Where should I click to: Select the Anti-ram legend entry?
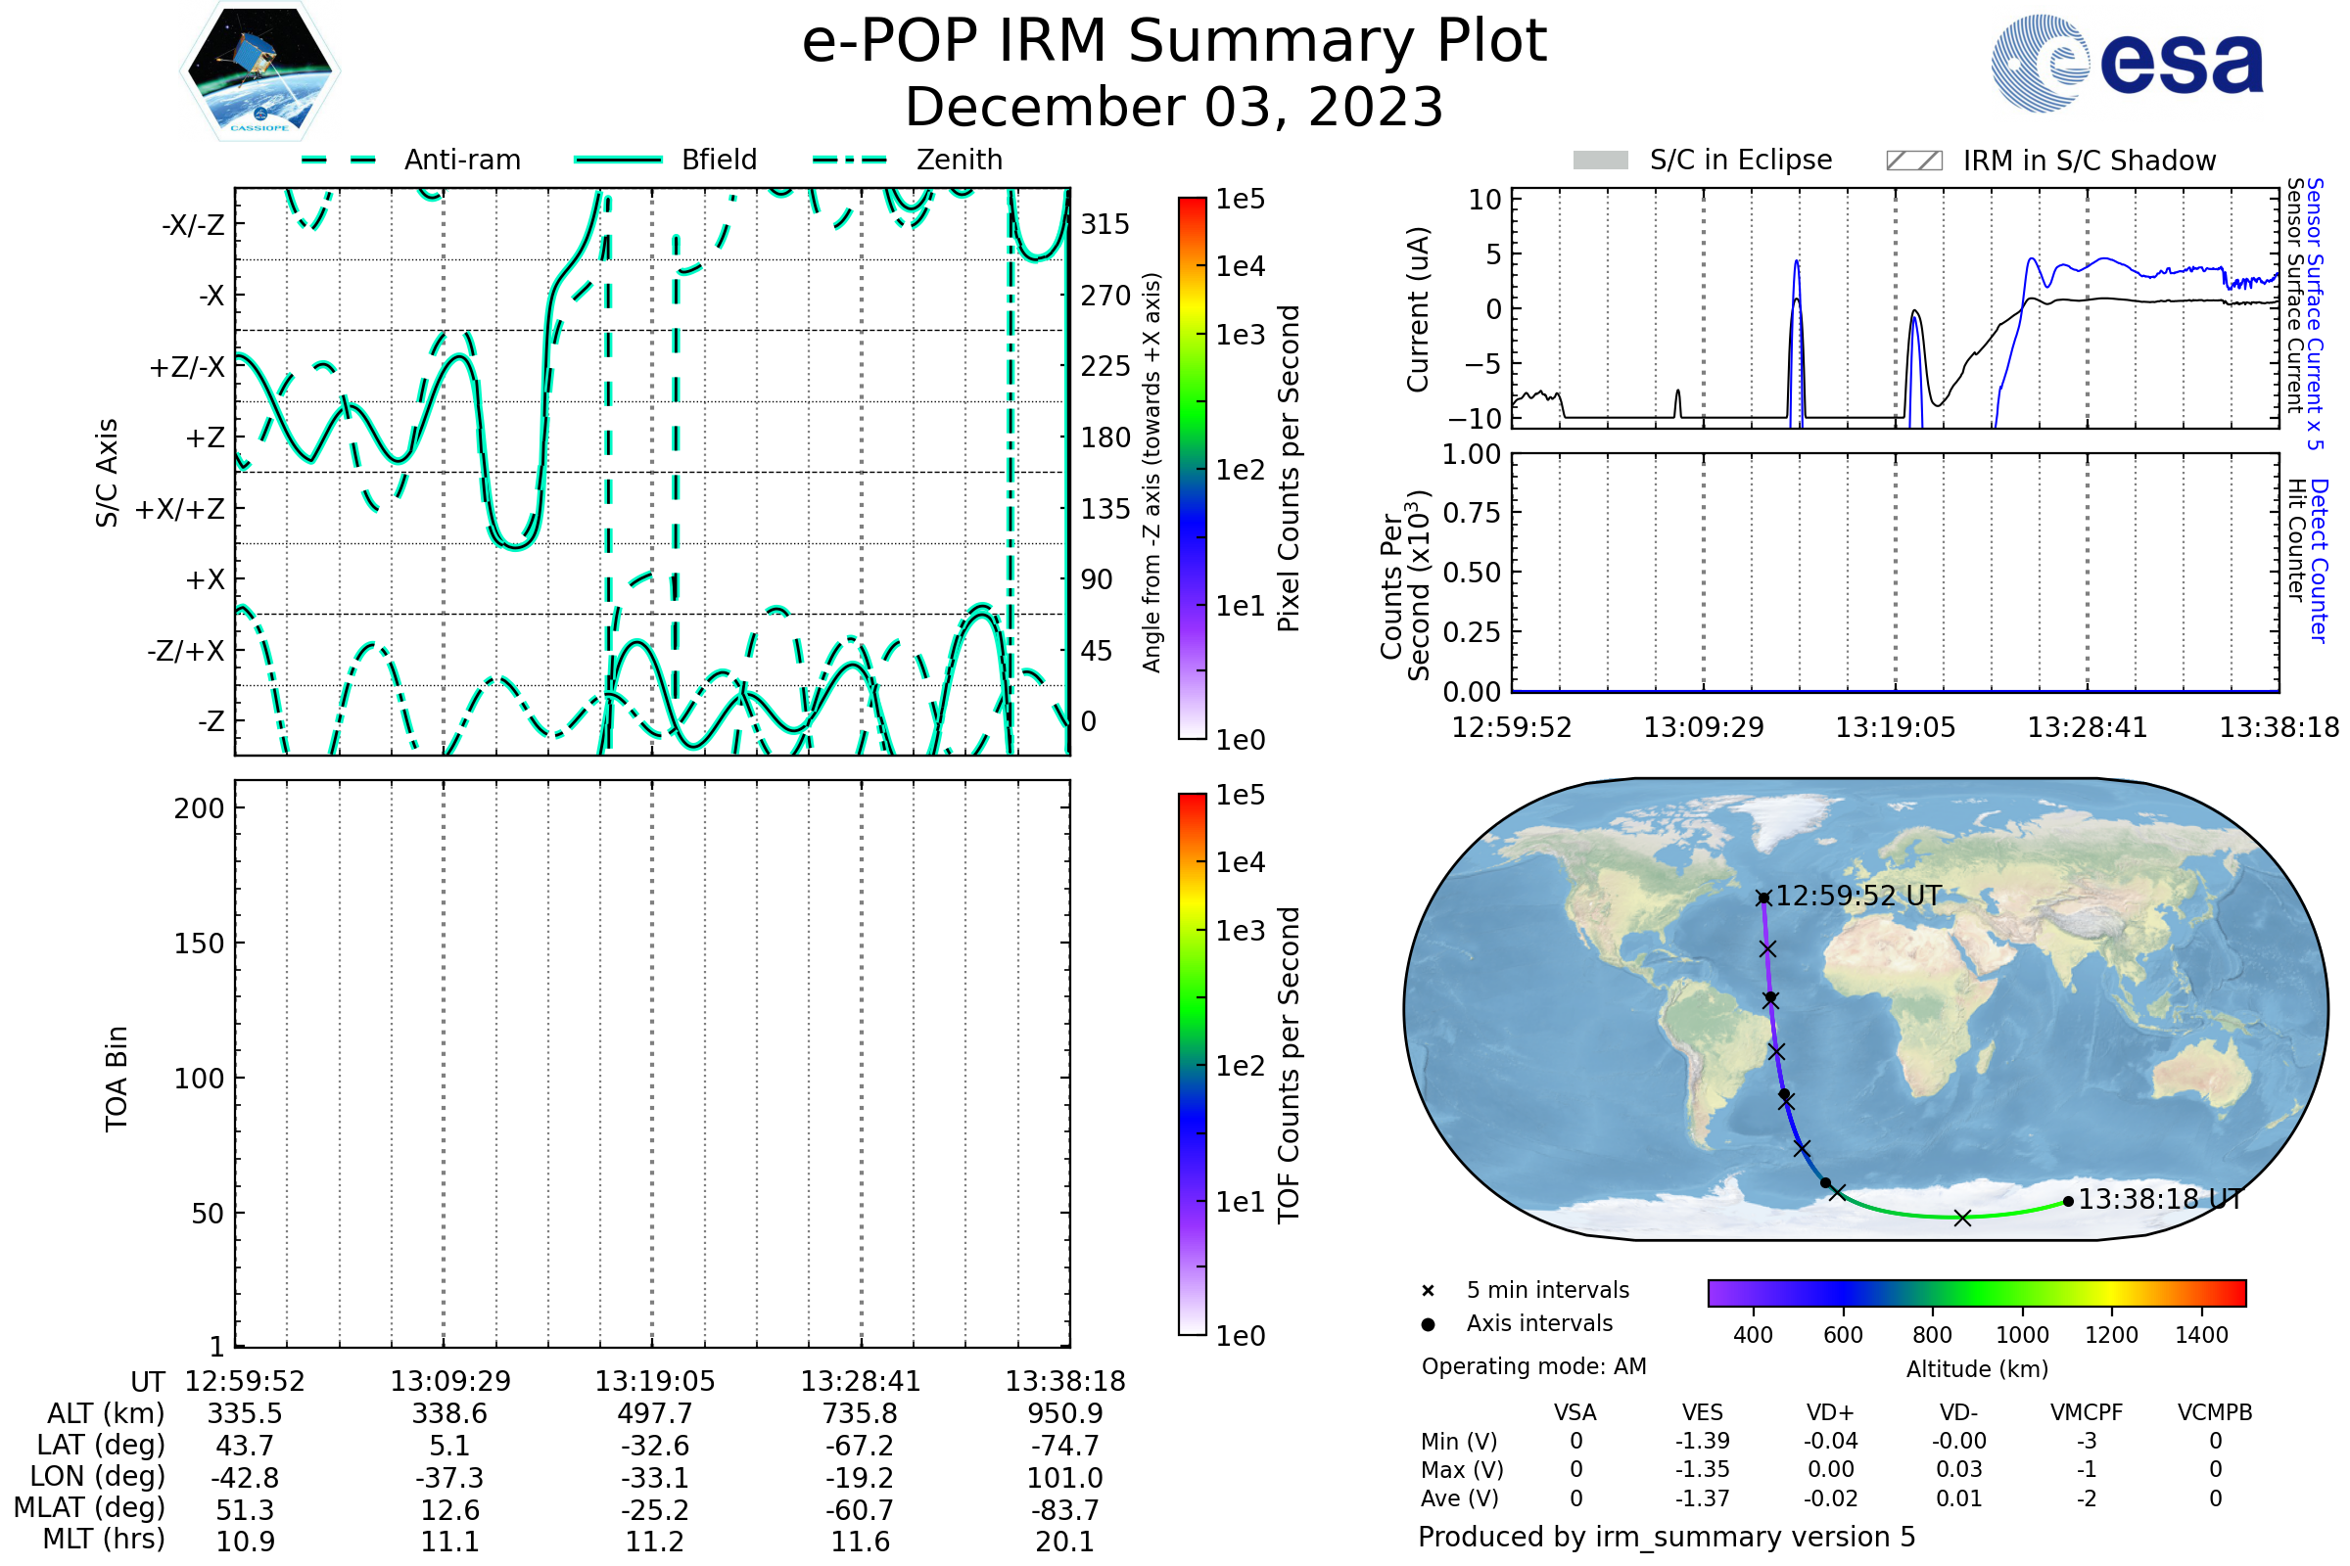click(x=461, y=160)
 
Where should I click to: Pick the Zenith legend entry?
click(x=959, y=160)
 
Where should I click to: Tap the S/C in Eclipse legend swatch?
click(x=1600, y=160)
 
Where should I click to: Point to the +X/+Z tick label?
click(x=180, y=509)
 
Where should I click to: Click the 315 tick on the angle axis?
click(x=1105, y=224)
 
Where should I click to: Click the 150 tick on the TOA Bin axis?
click(x=200, y=944)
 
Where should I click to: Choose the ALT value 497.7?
click(x=654, y=1414)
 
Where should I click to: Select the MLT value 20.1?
click(x=1065, y=1541)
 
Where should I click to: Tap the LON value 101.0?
click(x=1065, y=1477)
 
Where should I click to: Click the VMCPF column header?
click(x=2087, y=1413)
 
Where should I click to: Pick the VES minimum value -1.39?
click(x=1703, y=1441)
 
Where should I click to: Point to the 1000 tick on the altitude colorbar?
click(x=2022, y=1335)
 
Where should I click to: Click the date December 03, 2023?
click(x=1174, y=107)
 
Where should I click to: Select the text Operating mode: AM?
click(x=1533, y=1366)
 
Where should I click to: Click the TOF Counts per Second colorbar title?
click(x=1289, y=1065)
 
